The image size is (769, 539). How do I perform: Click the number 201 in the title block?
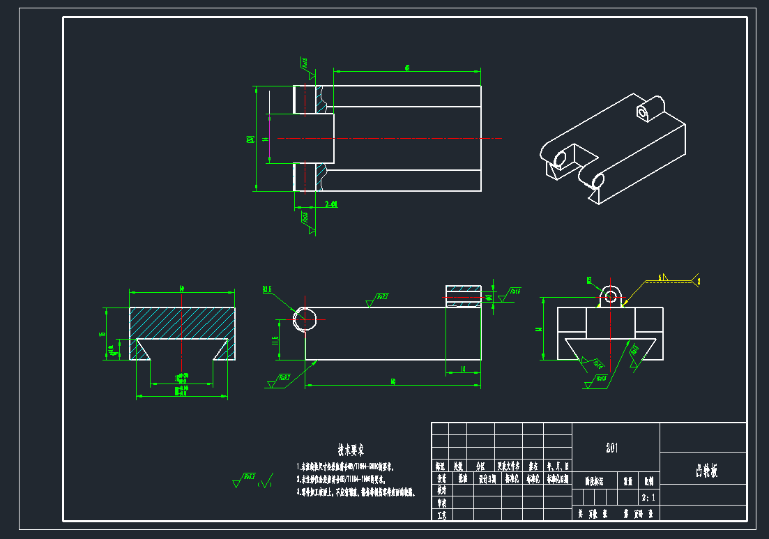pyautogui.click(x=613, y=448)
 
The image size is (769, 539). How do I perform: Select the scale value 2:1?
pyautogui.click(x=648, y=499)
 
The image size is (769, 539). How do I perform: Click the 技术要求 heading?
pyautogui.click(x=351, y=449)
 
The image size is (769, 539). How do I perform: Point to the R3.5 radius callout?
pyautogui.click(x=268, y=290)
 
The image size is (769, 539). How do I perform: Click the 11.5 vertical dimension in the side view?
pyautogui.click(x=275, y=340)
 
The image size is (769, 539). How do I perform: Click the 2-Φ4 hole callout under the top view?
pyautogui.click(x=331, y=204)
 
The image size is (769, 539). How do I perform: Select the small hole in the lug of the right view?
pyautogui.click(x=611, y=294)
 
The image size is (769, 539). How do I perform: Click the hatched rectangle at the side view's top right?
pyautogui.click(x=463, y=296)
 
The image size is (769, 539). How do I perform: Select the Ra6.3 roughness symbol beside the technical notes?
pyautogui.click(x=245, y=480)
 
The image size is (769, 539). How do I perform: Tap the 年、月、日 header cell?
pyautogui.click(x=558, y=465)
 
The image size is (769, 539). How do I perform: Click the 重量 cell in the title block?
pyautogui.click(x=627, y=480)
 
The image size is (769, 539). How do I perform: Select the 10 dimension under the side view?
pyautogui.click(x=463, y=370)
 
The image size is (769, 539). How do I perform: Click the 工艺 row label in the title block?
pyautogui.click(x=441, y=515)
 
